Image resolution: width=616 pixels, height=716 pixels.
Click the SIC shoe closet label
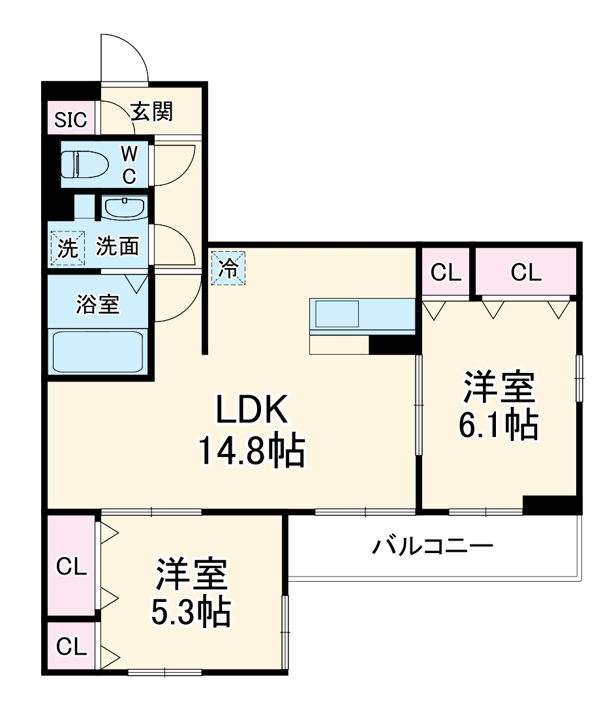(70, 120)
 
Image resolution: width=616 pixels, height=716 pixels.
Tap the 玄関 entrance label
(151, 112)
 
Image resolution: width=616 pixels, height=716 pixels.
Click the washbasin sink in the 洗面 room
(124, 208)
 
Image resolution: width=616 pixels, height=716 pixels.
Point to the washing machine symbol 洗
(68, 248)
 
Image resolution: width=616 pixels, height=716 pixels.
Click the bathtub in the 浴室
(97, 351)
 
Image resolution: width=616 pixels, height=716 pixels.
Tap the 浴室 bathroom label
(98, 305)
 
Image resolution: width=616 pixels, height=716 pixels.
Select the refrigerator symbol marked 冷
(228, 267)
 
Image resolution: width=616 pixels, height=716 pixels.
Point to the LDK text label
(252, 411)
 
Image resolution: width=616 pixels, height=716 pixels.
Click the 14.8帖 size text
(252, 451)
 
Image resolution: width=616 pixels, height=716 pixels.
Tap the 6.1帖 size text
(499, 425)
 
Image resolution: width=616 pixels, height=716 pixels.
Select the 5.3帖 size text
(191, 612)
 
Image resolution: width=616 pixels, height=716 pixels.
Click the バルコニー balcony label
(432, 545)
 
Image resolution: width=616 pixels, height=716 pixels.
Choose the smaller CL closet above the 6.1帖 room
(446, 273)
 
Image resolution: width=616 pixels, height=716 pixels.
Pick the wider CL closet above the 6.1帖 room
(526, 273)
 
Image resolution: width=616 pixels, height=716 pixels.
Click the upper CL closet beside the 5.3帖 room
(71, 567)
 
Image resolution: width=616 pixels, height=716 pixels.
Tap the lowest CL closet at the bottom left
(71, 647)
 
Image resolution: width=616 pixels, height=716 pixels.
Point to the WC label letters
(130, 164)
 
